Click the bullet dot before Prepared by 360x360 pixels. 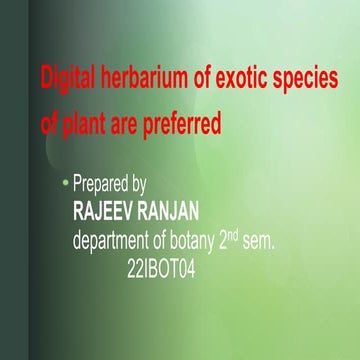(66, 184)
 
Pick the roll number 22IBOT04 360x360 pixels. (163, 268)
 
